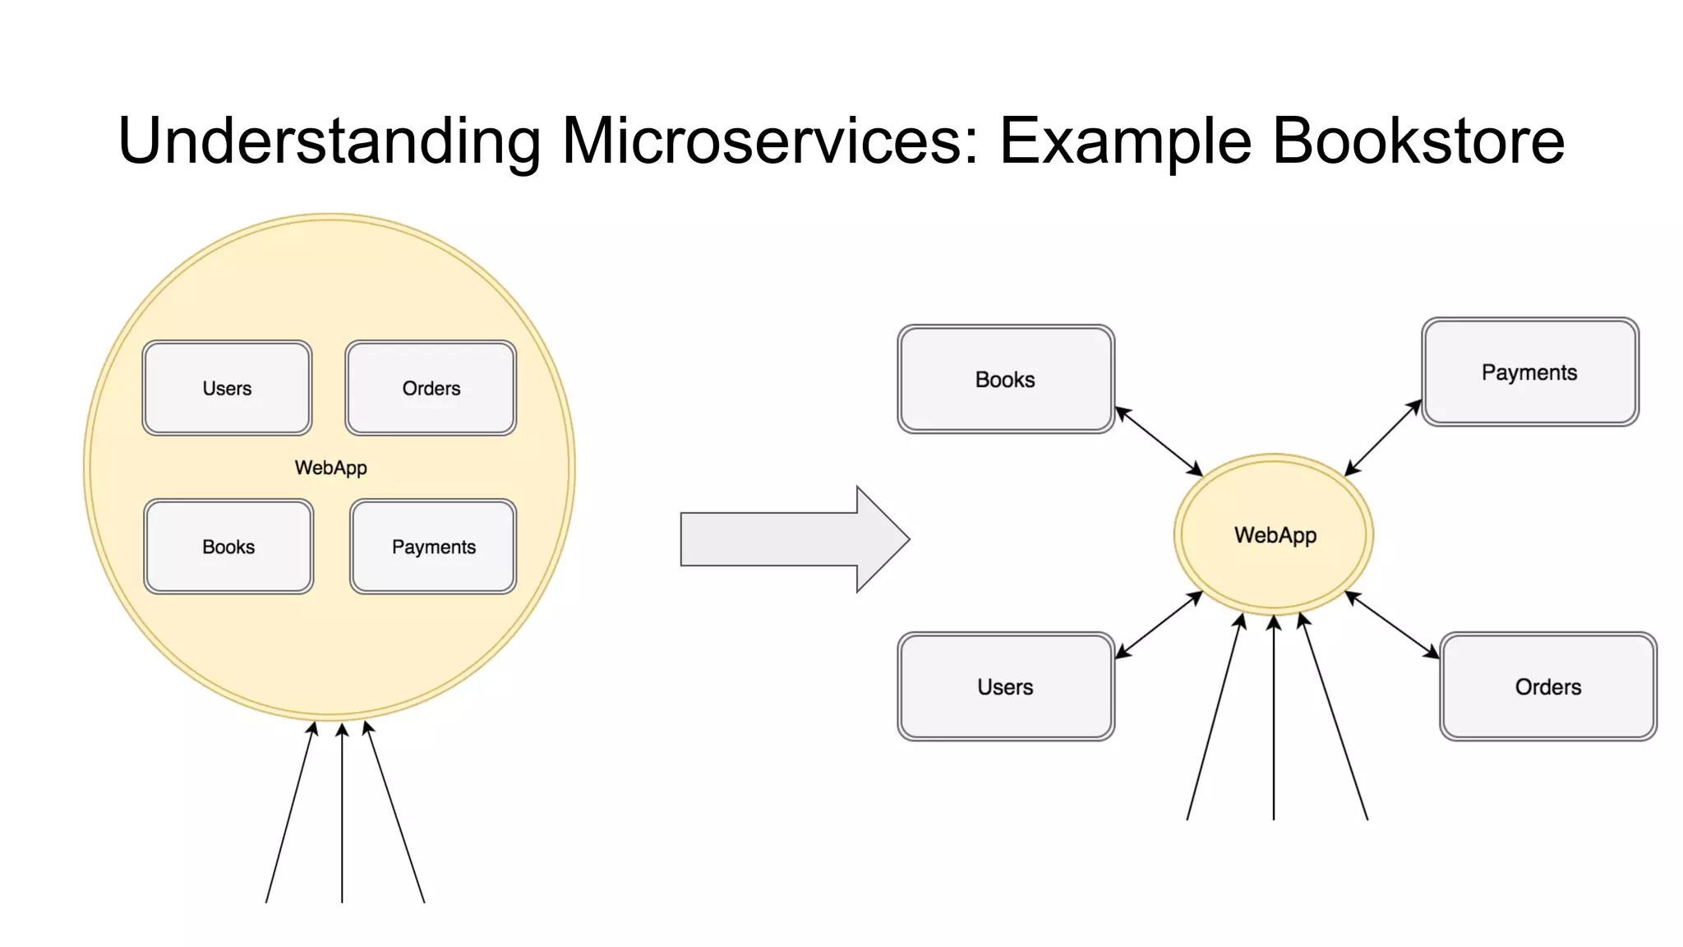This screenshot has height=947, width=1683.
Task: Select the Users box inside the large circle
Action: coord(227,388)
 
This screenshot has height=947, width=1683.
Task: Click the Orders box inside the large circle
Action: coord(431,388)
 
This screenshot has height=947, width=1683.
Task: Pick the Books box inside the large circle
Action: coord(228,547)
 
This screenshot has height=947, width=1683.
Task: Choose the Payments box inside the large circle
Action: coord(433,547)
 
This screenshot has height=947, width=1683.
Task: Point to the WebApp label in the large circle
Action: coord(330,468)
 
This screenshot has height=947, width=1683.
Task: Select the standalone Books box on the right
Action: coord(1005,379)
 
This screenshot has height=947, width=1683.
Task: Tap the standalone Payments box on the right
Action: coord(1529,372)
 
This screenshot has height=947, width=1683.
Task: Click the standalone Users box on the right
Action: coord(1005,686)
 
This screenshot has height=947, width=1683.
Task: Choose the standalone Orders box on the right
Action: coord(1547,686)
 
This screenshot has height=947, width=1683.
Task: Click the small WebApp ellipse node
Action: coord(1274,535)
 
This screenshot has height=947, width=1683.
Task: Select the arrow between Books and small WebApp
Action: coord(1159,441)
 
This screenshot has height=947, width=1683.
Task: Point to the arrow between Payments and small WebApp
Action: coord(1383,437)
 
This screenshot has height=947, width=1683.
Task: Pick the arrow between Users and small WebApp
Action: coord(1159,625)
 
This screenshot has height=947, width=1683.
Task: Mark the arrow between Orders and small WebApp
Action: coord(1392,625)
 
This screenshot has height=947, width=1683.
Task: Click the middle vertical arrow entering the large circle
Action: coord(342,814)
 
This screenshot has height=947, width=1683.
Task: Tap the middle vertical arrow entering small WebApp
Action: coord(1274,723)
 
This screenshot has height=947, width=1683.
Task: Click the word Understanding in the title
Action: coord(329,141)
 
